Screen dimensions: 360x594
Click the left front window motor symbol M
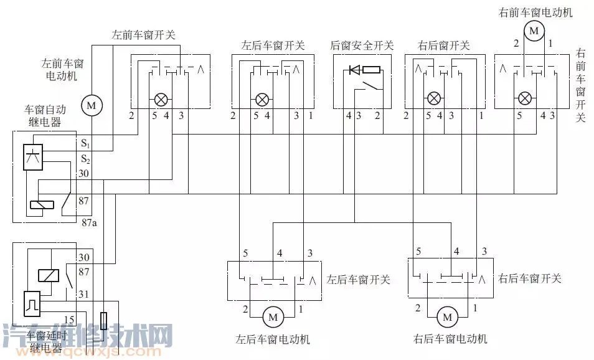coord(91,106)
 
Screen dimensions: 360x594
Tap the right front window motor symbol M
coord(533,30)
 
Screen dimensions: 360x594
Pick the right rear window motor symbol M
coord(446,318)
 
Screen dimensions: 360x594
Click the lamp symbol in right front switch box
coord(525,98)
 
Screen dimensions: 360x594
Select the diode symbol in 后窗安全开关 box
coord(354,70)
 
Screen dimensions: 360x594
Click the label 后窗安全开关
coord(362,45)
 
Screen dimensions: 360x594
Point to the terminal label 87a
coord(89,222)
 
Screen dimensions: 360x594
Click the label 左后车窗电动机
coord(272,340)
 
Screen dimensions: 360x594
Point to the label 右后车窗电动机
coord(450,339)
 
